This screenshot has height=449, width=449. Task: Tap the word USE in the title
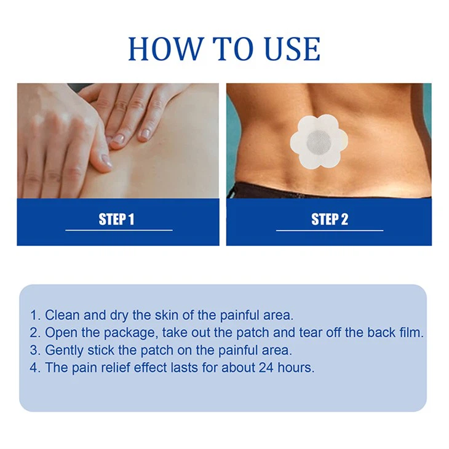coord(288,49)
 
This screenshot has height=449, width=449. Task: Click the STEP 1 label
coord(116,220)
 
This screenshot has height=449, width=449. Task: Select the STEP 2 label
coord(330,220)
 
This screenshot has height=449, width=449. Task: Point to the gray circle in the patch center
coord(319,142)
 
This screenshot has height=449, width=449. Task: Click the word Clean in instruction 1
coord(62,316)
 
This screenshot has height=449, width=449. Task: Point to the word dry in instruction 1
coord(121,316)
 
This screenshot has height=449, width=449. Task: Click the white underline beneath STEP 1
coord(119,230)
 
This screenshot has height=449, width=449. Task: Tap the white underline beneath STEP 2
coord(330,230)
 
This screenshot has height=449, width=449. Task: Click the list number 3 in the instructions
coord(34,351)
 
